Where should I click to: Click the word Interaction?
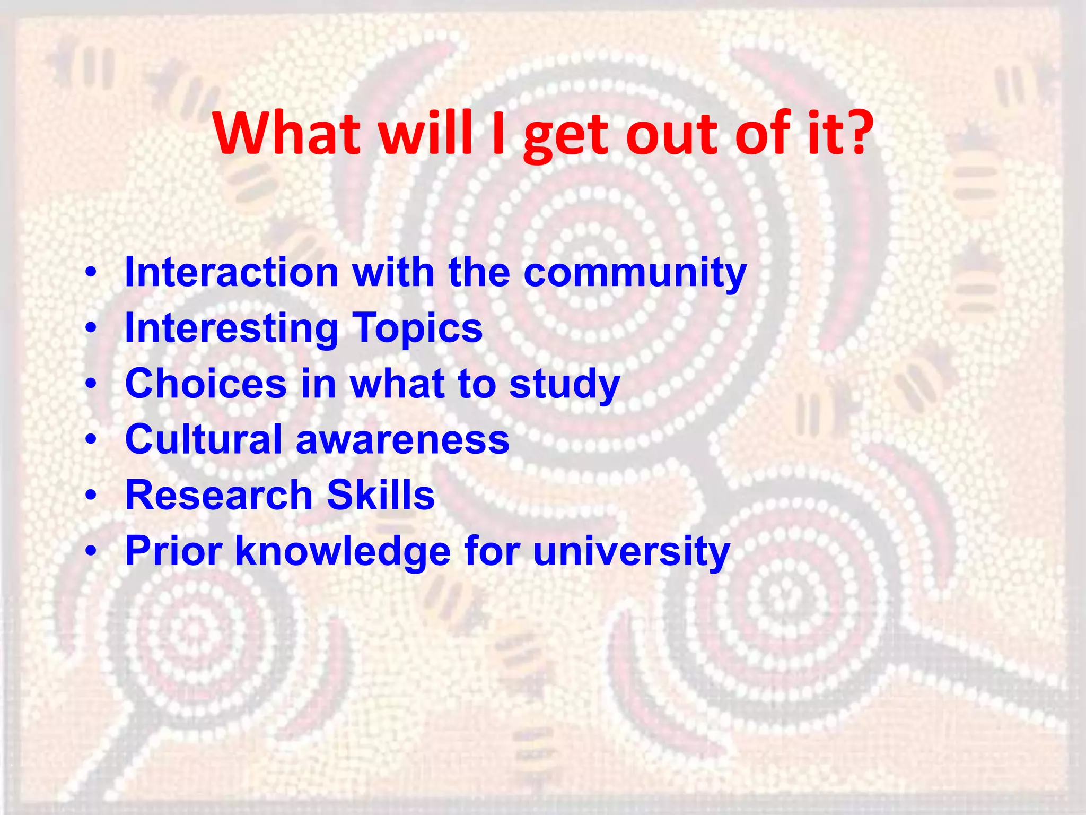point(231,272)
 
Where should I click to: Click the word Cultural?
point(203,439)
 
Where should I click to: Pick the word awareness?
point(402,440)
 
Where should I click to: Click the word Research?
point(219,495)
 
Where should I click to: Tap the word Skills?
point(381,495)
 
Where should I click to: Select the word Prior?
point(173,551)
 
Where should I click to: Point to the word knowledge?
point(343,552)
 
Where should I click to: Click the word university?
point(631,552)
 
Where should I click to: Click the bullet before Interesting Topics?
point(92,328)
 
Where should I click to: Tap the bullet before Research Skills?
point(92,495)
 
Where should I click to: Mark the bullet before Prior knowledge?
point(92,551)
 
